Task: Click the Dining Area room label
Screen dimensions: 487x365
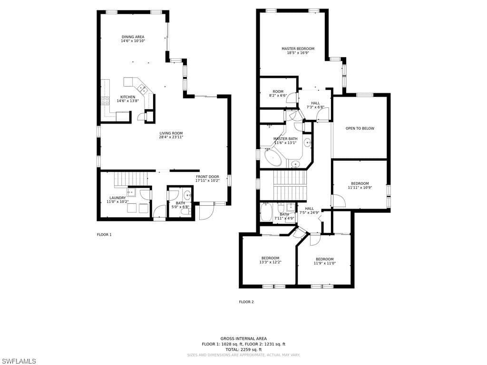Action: tap(133, 37)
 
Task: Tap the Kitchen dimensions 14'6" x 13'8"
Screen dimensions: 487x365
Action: tap(127, 101)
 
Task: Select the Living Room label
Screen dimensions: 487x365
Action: tap(171, 133)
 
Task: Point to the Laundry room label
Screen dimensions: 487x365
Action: tap(117, 198)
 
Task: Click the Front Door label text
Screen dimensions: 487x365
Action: tap(207, 177)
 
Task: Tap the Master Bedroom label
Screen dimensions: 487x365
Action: tap(298, 49)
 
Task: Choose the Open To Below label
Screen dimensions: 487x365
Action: tap(360, 128)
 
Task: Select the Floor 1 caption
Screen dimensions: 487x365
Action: tap(104, 235)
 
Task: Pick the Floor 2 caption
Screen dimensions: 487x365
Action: tap(246, 302)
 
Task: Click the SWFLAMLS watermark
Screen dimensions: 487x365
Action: tap(18, 361)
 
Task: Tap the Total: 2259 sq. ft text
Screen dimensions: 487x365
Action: tap(243, 349)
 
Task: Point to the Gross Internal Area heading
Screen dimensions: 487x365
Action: tap(243, 338)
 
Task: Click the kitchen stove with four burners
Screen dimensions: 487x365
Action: tap(105, 101)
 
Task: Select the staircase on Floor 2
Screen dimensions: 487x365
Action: tap(290, 185)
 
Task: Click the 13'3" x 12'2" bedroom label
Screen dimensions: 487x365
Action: tap(270, 260)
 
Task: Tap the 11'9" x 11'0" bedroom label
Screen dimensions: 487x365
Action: tap(324, 261)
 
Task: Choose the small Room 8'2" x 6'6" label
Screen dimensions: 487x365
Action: tap(278, 94)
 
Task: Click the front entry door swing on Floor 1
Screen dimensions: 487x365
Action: tap(206, 212)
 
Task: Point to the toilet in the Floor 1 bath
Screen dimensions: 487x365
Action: tap(186, 211)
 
